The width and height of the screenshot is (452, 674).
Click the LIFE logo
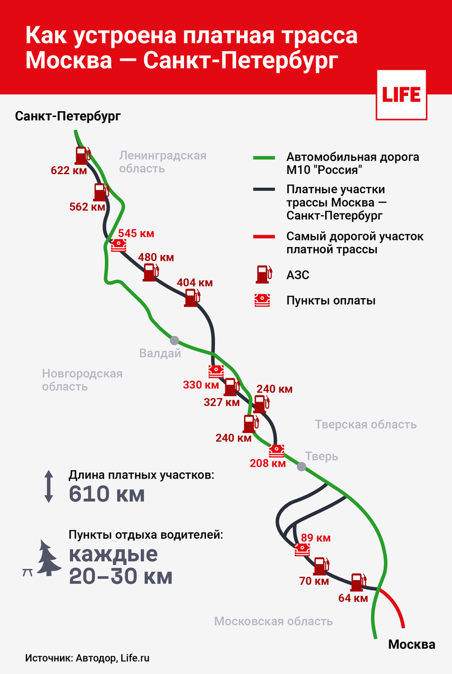(x=401, y=94)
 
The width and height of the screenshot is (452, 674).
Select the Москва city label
(x=412, y=644)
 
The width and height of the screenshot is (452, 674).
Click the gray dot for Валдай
(x=175, y=340)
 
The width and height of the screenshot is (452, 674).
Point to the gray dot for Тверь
(x=302, y=466)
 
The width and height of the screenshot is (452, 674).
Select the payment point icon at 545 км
(x=118, y=245)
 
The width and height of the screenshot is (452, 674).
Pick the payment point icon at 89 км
(x=303, y=549)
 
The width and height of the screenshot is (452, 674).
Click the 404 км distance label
(x=195, y=283)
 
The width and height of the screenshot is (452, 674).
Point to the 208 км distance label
(x=267, y=463)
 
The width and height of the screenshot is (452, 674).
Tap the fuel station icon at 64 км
(x=357, y=583)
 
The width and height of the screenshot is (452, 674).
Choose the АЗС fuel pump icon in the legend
(x=262, y=274)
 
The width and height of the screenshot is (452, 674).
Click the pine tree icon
(x=49, y=558)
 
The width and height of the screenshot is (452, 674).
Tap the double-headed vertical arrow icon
(x=49, y=486)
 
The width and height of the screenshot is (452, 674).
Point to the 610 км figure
(x=107, y=494)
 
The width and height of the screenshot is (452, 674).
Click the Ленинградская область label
(x=163, y=162)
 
